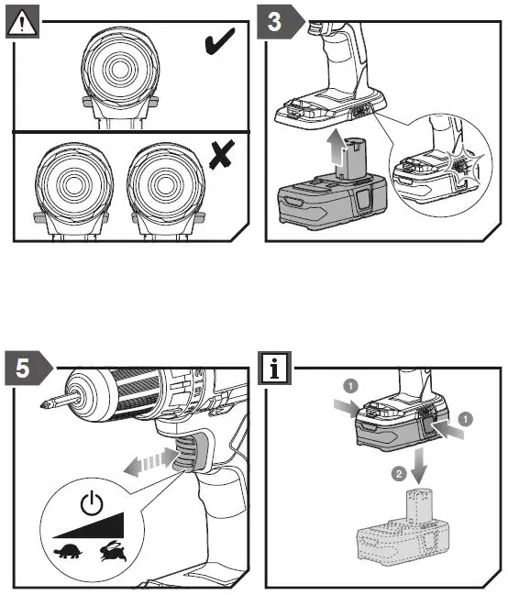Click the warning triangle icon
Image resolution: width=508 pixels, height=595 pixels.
tap(22, 22)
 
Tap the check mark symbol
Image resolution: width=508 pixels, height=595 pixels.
tap(219, 41)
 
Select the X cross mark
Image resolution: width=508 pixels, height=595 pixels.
tap(222, 154)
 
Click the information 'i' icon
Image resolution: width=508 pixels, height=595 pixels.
tap(274, 368)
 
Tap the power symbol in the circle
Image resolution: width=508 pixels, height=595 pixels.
tap(92, 502)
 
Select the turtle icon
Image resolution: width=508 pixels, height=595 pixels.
tap(69, 552)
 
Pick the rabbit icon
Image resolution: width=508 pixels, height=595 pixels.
tap(113, 551)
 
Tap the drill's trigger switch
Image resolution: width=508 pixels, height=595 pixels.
tap(185, 453)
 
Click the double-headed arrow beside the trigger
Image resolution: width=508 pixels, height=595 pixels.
tap(150, 462)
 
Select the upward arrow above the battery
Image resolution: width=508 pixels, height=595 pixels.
tap(335, 149)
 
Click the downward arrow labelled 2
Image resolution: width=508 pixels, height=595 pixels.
tap(419, 465)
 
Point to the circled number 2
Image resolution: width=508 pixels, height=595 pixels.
tap(399, 474)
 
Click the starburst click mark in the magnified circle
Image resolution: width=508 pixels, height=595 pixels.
tap(460, 165)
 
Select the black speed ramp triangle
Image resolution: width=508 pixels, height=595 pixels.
tap(88, 525)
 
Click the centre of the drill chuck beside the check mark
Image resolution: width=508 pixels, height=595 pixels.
tap(120, 69)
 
